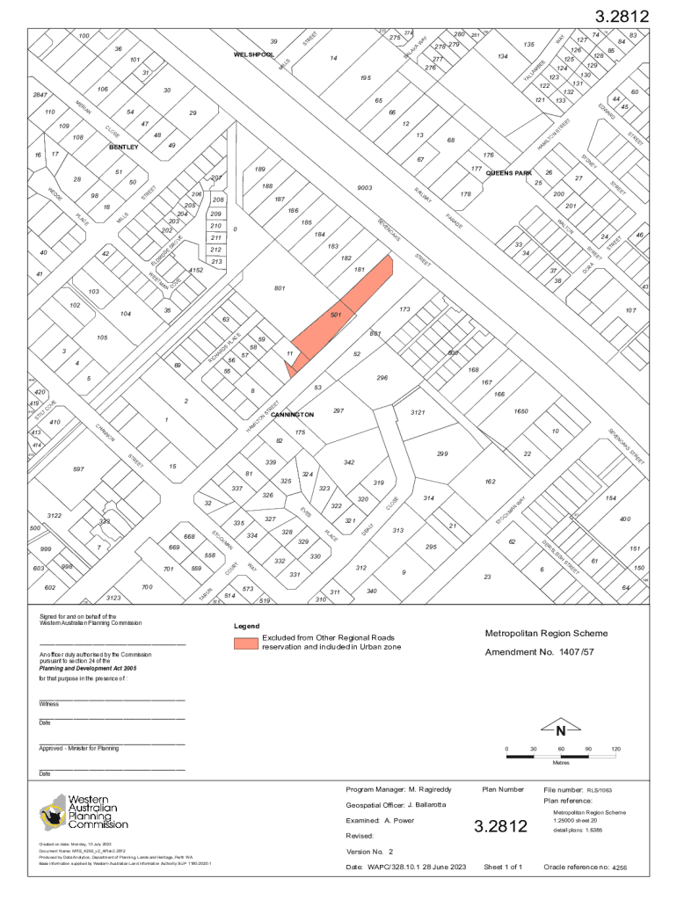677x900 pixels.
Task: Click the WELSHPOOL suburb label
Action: (253, 54)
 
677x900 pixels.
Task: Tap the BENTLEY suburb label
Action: (123, 148)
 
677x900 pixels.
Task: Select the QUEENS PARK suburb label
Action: (509, 173)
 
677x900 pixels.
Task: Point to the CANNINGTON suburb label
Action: (292, 414)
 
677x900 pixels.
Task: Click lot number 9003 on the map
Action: (365, 188)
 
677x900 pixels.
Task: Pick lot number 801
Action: (280, 287)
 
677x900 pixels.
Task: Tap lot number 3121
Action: (419, 411)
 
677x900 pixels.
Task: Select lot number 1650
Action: (520, 411)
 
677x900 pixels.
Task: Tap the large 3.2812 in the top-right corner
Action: (622, 17)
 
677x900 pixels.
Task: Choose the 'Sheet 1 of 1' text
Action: (503, 867)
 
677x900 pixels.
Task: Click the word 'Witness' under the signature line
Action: (49, 704)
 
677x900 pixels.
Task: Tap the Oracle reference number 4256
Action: (619, 868)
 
